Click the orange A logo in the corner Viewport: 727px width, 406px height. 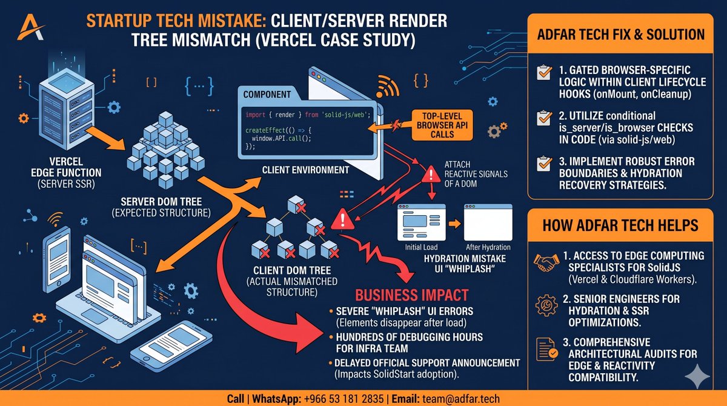tap(30, 27)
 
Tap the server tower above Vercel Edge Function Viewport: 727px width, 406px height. tap(67, 108)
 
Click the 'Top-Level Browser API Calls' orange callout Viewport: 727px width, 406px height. tap(442, 125)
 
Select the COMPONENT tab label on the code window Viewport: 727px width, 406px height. tap(267, 95)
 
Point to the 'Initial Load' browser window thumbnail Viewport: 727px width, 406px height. tap(421, 222)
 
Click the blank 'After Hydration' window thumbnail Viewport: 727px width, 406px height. tap(488, 222)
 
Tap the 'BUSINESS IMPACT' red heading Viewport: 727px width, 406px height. tap(411, 295)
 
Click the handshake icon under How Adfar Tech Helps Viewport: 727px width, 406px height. tap(546, 262)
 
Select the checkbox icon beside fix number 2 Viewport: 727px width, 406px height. tap(544, 118)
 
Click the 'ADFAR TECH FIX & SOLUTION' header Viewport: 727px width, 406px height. tap(620, 35)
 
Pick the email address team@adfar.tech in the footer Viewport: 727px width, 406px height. tap(461, 399)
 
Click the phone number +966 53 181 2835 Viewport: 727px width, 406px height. tap(344, 399)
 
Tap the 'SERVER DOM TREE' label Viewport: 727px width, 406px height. tap(161, 202)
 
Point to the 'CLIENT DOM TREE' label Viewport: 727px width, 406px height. tap(292, 270)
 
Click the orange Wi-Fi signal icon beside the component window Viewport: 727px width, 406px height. tap(387, 86)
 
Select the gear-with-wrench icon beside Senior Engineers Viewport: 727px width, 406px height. tap(546, 305)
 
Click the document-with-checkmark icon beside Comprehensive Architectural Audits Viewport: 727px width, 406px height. tap(546, 349)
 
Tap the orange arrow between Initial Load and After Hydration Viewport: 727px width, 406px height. tap(455, 224)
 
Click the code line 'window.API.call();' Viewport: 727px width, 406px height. tap(281, 139)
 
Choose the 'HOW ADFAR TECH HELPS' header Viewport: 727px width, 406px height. tap(620, 225)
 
